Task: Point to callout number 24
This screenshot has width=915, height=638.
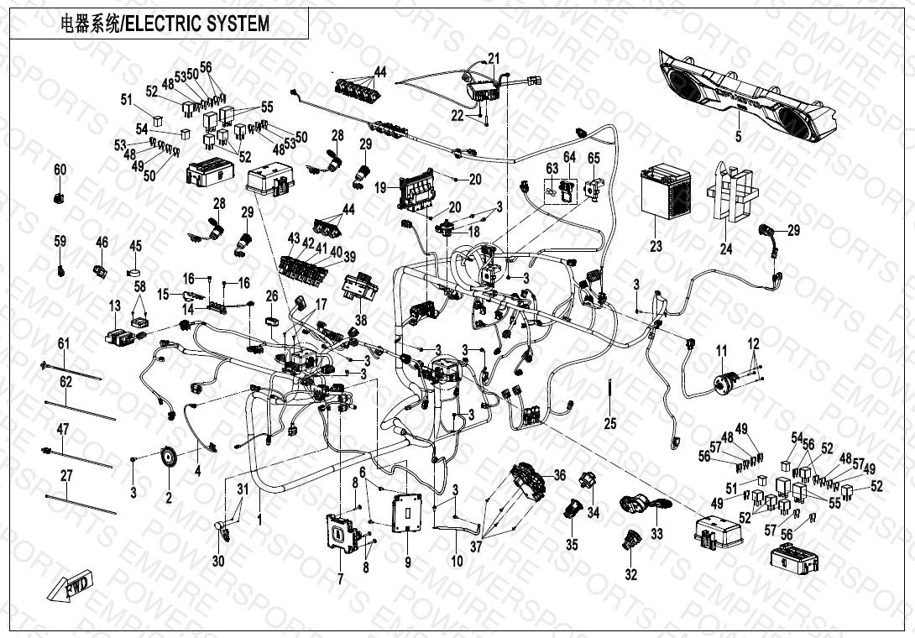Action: [726, 248]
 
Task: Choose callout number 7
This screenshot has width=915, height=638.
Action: [341, 578]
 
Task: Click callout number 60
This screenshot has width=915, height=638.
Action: [60, 170]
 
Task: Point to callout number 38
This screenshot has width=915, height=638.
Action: [361, 319]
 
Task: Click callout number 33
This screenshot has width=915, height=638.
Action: [656, 534]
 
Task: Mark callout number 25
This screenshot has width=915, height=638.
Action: [610, 423]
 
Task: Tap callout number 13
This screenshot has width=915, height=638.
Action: [114, 306]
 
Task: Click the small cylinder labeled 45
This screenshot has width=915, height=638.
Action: [134, 272]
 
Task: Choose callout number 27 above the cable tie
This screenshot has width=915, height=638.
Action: [67, 475]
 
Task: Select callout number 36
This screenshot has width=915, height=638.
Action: [560, 476]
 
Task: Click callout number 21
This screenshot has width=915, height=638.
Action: [494, 58]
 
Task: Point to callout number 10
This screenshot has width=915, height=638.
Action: [457, 562]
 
